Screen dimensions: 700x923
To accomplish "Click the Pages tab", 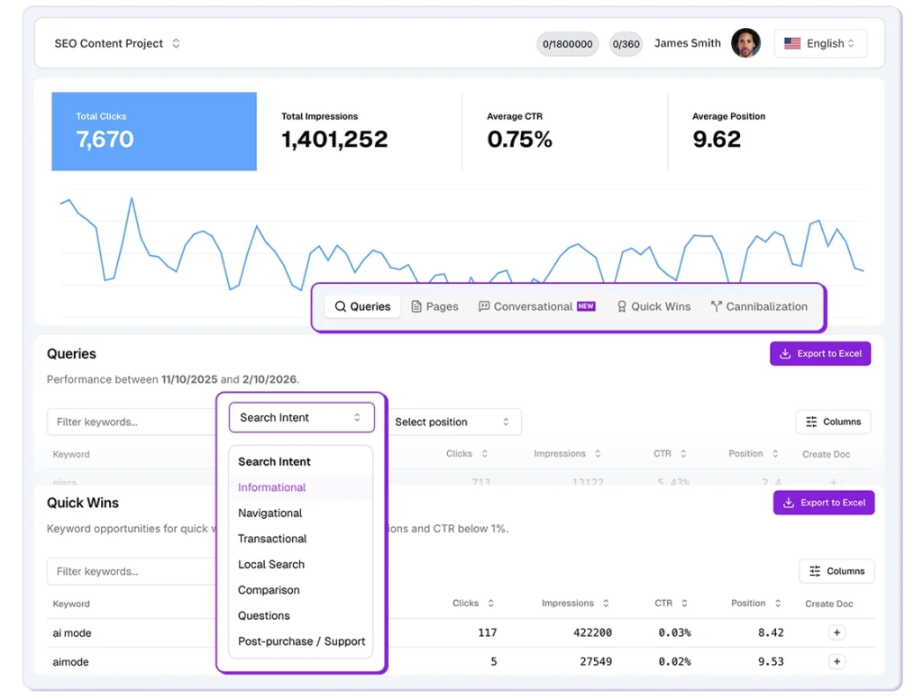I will point(434,306).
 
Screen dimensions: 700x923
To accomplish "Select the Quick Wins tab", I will point(653,306).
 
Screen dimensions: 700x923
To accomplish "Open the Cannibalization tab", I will point(759,306).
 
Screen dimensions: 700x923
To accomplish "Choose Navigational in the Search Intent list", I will point(270,513).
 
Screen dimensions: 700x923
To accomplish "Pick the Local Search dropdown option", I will point(271,564).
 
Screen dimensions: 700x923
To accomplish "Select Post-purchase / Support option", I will point(301,641).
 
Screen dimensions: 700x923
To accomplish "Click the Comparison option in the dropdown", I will point(269,590).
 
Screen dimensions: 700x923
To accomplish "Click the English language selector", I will point(820,43).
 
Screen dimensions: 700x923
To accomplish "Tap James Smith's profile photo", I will point(745,43).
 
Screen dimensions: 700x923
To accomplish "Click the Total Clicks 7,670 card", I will point(154,132).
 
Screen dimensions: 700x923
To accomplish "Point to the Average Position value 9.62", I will point(717,140).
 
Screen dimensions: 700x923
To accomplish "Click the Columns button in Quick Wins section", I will point(836,571).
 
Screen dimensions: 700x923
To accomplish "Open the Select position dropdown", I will point(452,422).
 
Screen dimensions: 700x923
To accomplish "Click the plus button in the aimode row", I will point(836,662).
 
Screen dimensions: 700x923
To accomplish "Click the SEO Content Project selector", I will point(117,43).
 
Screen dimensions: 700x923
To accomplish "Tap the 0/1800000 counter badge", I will point(568,44).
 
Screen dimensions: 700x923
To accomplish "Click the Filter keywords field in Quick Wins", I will point(131,571).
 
